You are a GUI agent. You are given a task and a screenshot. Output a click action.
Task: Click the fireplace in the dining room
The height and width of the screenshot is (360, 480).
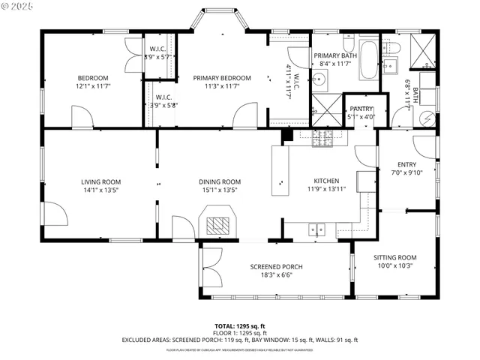tap(217, 224)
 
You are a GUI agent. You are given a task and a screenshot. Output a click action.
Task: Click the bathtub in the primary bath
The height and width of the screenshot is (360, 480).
tap(369, 61)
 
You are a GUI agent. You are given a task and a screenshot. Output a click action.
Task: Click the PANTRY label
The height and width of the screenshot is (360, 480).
tap(361, 109)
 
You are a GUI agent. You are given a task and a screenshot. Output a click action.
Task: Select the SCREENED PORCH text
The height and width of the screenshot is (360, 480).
tap(276, 267)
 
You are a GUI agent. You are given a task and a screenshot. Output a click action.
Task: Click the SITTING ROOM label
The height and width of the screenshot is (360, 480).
tap(394, 257)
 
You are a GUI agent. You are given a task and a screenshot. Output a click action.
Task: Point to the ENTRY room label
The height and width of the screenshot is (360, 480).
tap(406, 165)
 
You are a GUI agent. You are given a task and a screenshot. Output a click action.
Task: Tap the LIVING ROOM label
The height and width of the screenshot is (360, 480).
tap(100, 181)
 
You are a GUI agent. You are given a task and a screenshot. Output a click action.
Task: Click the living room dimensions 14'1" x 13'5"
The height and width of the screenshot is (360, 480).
tap(100, 190)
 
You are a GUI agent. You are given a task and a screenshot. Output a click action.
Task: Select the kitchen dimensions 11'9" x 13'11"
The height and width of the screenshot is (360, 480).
tap(326, 190)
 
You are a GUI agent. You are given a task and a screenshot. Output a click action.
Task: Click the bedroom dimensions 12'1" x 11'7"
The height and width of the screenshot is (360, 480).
tap(93, 86)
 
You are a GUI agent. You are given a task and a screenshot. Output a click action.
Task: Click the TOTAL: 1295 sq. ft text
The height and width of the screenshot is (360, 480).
tap(239, 326)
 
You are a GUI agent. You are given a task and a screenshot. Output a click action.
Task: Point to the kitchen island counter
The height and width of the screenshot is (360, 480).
tap(280, 170)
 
